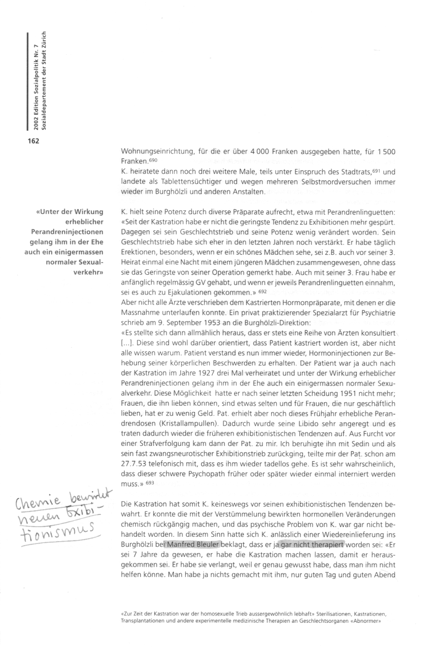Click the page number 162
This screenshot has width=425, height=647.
tap(33, 141)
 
